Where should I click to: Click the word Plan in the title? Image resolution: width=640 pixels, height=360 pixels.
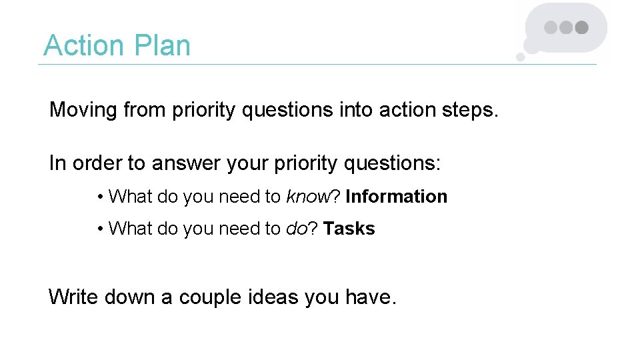click(x=163, y=46)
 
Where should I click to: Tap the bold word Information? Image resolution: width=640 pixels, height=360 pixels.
click(x=396, y=197)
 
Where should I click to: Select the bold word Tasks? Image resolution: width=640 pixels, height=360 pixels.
click(x=349, y=229)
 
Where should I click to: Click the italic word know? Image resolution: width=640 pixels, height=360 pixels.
click(x=308, y=197)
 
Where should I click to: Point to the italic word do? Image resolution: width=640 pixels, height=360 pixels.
click(x=296, y=229)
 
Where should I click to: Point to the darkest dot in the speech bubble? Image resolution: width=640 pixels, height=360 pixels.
click(x=582, y=28)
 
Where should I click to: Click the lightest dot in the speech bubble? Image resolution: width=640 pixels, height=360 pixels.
click(x=551, y=28)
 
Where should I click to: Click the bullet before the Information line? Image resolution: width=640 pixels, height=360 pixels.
click(x=99, y=197)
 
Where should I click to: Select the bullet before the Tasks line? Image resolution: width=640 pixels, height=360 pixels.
click(x=99, y=229)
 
